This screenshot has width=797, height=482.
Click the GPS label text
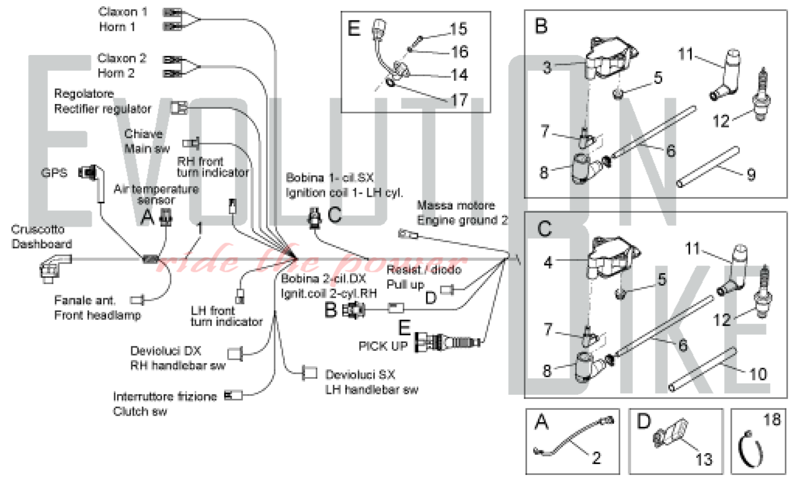54,173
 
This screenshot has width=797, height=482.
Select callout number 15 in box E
458,29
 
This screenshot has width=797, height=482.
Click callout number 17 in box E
459,100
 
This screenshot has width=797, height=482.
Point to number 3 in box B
547,68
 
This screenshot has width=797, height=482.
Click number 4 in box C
548,263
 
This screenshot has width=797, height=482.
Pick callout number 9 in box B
751,174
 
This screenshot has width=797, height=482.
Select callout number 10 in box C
758,374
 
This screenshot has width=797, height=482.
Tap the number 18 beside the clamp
771,420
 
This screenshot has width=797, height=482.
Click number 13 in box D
704,459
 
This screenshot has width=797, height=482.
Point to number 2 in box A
596,458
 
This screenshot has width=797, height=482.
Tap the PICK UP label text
383,346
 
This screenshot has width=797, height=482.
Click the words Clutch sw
140,411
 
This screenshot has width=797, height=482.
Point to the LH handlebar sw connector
310,373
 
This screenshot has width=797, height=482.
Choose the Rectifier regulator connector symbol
179,108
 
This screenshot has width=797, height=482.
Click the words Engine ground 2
462,220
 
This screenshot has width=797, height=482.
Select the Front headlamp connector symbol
138,300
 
